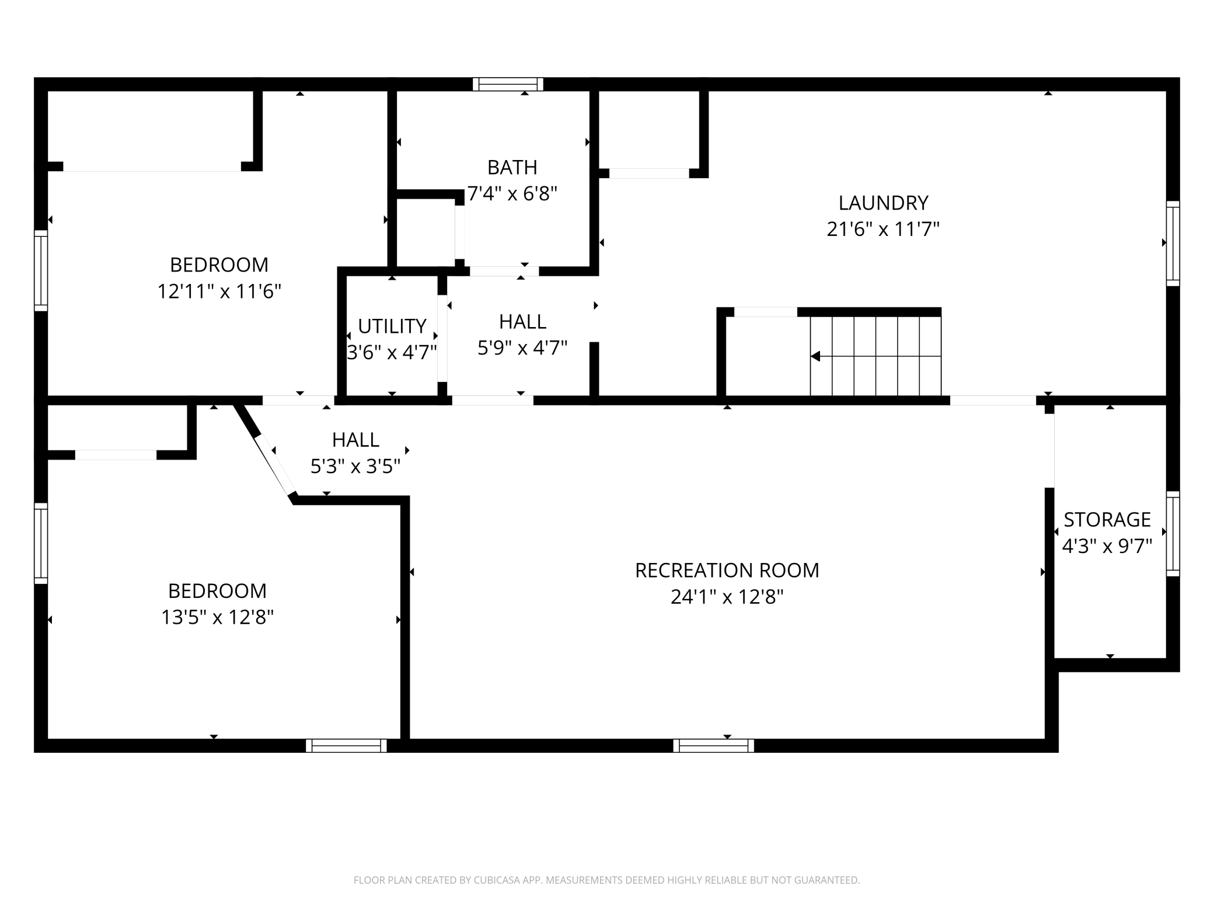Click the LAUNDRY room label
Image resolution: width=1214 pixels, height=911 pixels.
tap(883, 203)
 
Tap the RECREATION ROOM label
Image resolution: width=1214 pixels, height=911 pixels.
tap(727, 570)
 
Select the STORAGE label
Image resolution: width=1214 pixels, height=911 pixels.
tap(1107, 519)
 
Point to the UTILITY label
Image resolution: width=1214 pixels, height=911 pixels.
tap(392, 326)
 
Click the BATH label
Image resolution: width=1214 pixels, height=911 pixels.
tap(512, 168)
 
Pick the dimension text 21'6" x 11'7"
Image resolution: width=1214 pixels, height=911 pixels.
tap(883, 229)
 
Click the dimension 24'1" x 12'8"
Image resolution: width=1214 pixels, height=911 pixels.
tap(727, 597)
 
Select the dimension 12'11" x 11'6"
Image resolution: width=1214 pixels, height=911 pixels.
tap(219, 291)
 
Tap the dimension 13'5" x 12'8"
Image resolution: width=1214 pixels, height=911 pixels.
tap(217, 617)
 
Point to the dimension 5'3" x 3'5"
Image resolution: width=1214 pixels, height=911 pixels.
tap(355, 466)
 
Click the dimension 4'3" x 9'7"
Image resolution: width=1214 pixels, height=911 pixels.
tap(1107, 546)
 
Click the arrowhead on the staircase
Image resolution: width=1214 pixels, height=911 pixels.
tap(815, 356)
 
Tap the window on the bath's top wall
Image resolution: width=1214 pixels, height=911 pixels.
tap(508, 85)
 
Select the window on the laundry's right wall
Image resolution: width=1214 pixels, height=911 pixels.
tap(1173, 244)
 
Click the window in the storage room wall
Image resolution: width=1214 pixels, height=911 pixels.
tap(1173, 534)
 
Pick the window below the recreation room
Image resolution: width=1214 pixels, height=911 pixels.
tap(713, 746)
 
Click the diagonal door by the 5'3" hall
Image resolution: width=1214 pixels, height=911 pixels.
tap(274, 465)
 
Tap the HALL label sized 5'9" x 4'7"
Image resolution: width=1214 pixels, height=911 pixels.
tap(522, 322)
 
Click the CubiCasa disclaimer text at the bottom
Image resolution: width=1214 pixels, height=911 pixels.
tap(607, 880)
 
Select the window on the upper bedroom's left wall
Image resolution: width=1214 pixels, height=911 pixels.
tap(41, 270)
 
